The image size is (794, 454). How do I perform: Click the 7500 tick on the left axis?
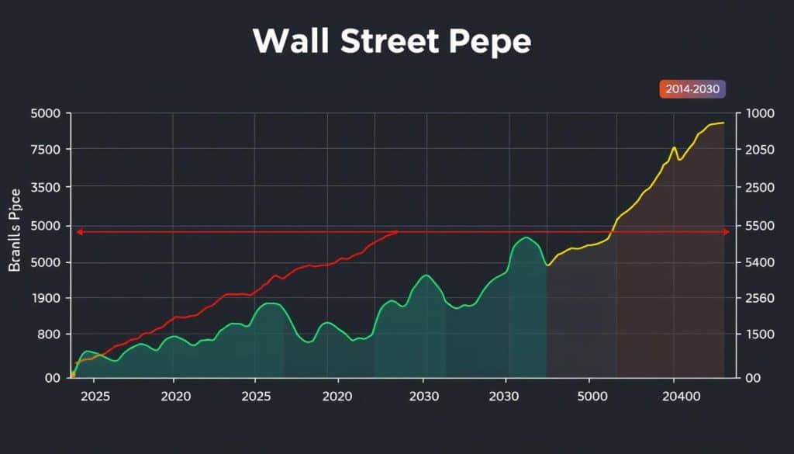point(45,150)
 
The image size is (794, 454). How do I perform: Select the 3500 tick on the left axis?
point(45,188)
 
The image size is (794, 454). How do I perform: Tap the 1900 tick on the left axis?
point(46,299)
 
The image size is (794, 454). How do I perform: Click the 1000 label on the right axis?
point(759,113)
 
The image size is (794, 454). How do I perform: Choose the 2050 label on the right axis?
point(759,150)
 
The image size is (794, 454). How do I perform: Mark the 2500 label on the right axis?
point(759,188)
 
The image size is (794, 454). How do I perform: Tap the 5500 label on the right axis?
point(759,227)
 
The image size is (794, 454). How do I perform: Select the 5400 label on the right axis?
point(759,263)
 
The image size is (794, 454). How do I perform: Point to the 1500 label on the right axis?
point(759,334)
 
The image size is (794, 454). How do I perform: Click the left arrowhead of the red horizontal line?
point(78,232)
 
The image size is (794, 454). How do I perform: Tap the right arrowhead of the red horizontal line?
point(726,232)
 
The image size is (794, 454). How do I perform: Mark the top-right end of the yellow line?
point(723,123)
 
